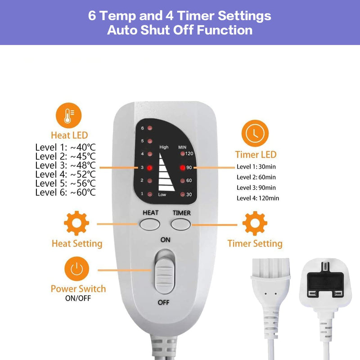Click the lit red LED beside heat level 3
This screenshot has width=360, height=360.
point(149,168)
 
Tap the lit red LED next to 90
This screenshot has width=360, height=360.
point(183,168)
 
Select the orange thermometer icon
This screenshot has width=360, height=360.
point(69,116)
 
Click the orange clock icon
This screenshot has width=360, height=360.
point(255,133)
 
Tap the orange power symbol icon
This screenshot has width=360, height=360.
point(76,269)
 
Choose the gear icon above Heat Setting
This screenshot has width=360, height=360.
point(76,223)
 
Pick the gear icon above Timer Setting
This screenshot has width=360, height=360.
point(255,223)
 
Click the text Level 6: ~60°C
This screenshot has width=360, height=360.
point(65,193)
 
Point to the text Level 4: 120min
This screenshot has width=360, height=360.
point(258,198)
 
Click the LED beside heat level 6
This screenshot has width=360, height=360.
point(150,128)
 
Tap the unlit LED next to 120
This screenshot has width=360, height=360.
point(183,153)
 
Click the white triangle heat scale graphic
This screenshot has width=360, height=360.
point(166,172)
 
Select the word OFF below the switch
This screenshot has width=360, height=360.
point(163,302)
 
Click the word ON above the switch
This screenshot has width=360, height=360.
point(165,240)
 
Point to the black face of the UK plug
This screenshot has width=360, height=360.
point(325,285)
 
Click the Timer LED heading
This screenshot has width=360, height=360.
point(256,154)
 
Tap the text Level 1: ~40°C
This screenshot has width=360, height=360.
point(65,148)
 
